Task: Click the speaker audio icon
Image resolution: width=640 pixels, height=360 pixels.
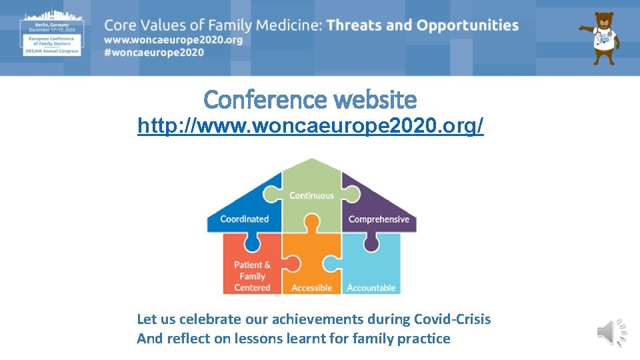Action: [x=611, y=332]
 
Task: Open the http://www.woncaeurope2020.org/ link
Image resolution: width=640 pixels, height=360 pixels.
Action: [x=310, y=126]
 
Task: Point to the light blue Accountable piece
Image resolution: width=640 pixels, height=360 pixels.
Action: [x=371, y=273]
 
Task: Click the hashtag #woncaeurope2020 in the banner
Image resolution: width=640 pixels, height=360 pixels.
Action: [x=154, y=53]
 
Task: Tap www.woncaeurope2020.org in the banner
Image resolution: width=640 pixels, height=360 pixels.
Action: [x=173, y=40]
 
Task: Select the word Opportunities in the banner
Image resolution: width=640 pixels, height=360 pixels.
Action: [x=467, y=25]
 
